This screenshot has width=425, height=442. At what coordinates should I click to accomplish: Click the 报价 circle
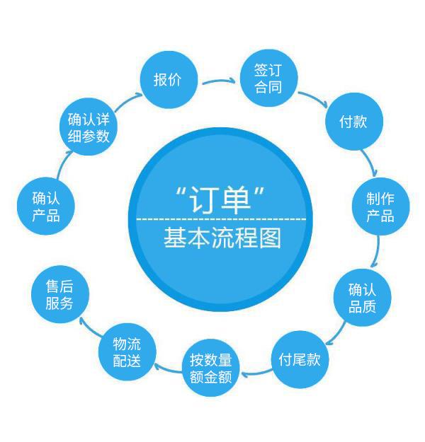[168, 79]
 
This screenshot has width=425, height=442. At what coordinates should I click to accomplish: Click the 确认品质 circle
[362, 298]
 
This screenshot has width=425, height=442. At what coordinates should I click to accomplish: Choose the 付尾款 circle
[300, 360]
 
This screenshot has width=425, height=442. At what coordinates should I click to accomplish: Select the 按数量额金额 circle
[211, 369]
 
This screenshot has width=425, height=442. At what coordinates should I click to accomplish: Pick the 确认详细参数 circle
[88, 127]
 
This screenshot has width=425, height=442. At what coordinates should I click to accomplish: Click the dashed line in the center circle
[222, 219]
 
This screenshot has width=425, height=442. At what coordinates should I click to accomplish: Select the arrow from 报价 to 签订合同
[220, 82]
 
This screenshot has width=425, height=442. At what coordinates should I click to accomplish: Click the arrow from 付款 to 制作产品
[370, 163]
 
